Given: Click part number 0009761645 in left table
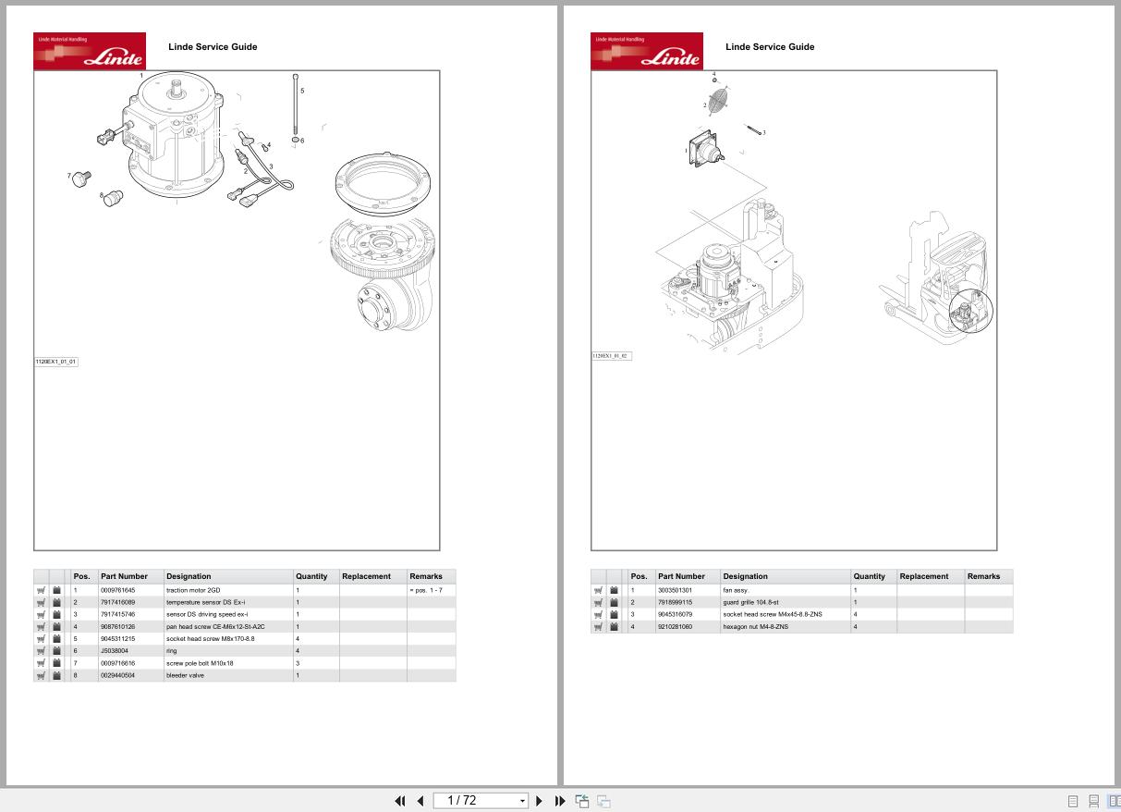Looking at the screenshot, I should tap(117, 590).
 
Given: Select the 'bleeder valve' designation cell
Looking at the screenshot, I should tap(185, 675).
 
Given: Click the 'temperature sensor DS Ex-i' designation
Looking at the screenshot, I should tap(205, 602).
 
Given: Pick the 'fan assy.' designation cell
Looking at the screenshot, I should tap(736, 590).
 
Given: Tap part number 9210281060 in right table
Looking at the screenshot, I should tap(675, 627).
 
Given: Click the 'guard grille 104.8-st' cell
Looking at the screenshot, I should tap(750, 602).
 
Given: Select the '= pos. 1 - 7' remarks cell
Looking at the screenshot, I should tap(425, 590).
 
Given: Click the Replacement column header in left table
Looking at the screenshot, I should tap(366, 576).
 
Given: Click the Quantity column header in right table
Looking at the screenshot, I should tap(869, 576).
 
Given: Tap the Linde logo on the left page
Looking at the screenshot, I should tap(90, 51).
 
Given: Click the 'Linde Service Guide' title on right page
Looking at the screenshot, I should tap(770, 46).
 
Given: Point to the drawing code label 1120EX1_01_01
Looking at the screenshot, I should tap(55, 362).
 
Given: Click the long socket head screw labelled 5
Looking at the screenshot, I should tap(296, 106).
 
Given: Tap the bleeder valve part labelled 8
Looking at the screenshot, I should tap(114, 197).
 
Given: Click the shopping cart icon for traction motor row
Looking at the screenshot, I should tap(42, 590).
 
